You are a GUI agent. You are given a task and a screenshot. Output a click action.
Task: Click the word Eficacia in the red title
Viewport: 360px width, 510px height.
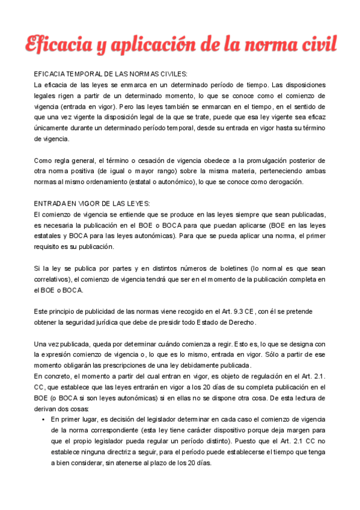56,44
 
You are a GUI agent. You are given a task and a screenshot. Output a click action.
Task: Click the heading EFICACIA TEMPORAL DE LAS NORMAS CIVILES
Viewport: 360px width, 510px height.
111,74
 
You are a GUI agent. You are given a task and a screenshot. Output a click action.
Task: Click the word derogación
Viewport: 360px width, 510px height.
287,182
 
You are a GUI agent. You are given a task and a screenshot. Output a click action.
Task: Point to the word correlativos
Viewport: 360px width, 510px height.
53,279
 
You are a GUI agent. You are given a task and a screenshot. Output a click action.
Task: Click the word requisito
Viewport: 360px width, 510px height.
52,247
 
